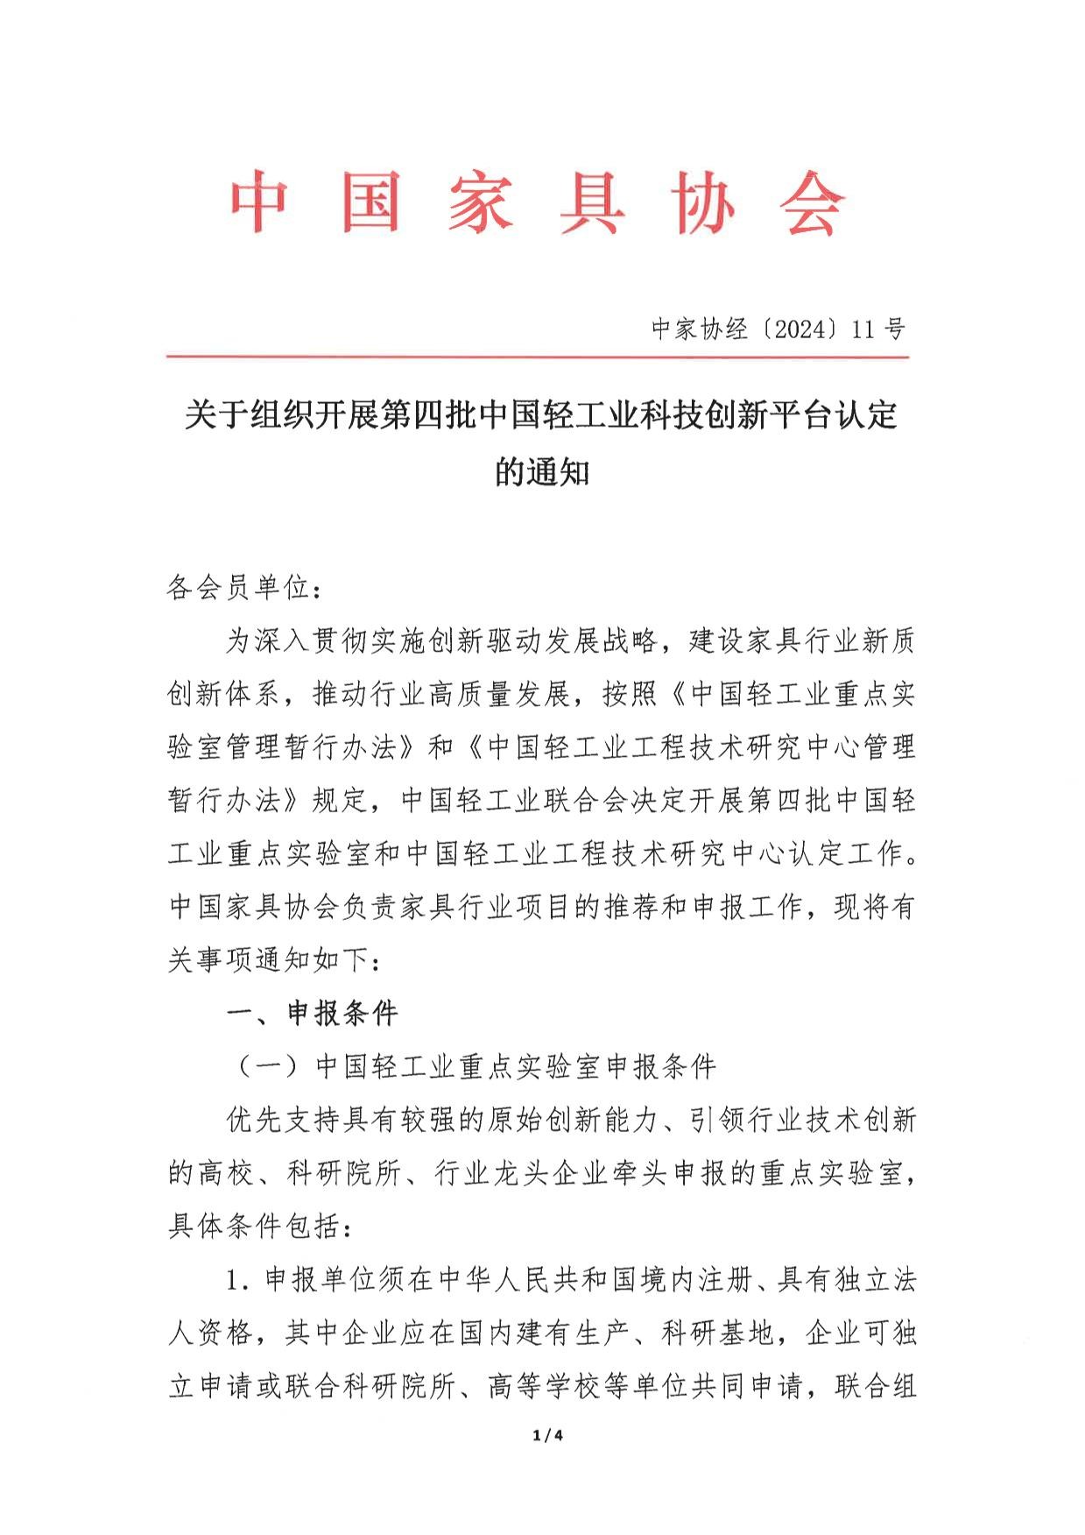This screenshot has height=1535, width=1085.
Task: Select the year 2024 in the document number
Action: (x=795, y=329)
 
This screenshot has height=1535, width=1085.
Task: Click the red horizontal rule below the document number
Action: (x=537, y=357)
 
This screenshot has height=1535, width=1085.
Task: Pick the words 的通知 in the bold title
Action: (x=542, y=472)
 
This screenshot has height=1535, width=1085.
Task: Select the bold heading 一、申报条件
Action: (x=313, y=1014)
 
